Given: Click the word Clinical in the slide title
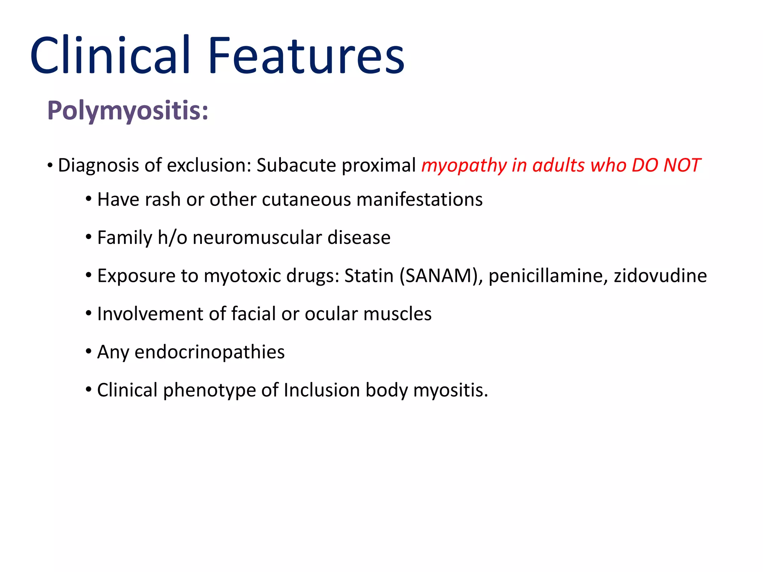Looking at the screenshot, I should (110, 56).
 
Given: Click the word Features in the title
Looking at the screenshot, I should (306, 56).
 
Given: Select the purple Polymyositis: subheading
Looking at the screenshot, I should (128, 111).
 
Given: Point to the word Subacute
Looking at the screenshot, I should (296, 165).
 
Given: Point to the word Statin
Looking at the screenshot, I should (369, 276).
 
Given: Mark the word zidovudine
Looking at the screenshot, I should (660, 276).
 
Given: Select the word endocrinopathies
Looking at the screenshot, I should (209, 352).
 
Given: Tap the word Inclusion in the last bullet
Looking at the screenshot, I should (322, 390).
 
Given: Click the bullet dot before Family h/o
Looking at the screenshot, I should (88, 237).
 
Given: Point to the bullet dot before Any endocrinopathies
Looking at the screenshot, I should (88, 352).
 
